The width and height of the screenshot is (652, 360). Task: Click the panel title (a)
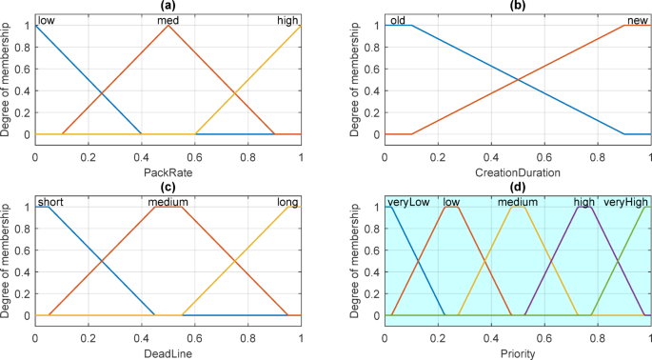(168, 6)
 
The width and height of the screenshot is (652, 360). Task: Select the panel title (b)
(518, 6)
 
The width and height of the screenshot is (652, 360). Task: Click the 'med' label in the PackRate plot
(168, 20)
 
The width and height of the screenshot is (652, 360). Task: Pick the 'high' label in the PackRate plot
(286, 20)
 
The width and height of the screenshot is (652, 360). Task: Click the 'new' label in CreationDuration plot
(637, 20)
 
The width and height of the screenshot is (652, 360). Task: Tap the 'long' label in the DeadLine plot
(286, 202)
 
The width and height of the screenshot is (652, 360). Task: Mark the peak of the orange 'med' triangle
(168, 26)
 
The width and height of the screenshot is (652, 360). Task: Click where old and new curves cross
(518, 80)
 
